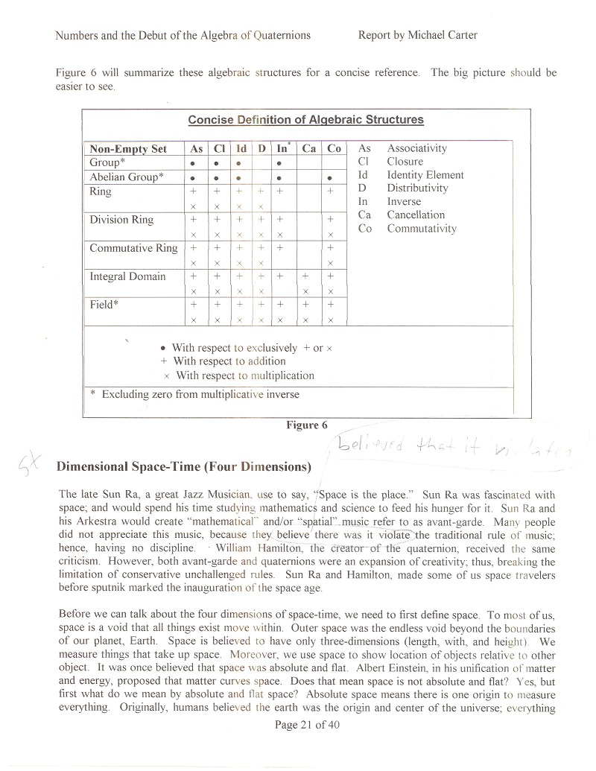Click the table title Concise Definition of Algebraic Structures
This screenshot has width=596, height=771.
(x=305, y=120)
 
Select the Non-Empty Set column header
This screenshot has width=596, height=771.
(x=128, y=149)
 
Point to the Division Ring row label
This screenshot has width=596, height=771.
(x=121, y=220)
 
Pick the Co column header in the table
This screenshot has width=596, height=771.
(x=334, y=149)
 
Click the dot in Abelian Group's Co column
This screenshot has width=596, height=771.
(x=334, y=177)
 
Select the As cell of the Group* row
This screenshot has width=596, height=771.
(x=193, y=163)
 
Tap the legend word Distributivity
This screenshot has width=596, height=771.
(x=417, y=188)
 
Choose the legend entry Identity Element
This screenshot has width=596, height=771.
(x=425, y=175)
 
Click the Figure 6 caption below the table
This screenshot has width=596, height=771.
(x=307, y=425)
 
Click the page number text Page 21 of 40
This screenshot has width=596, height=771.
(x=306, y=724)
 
